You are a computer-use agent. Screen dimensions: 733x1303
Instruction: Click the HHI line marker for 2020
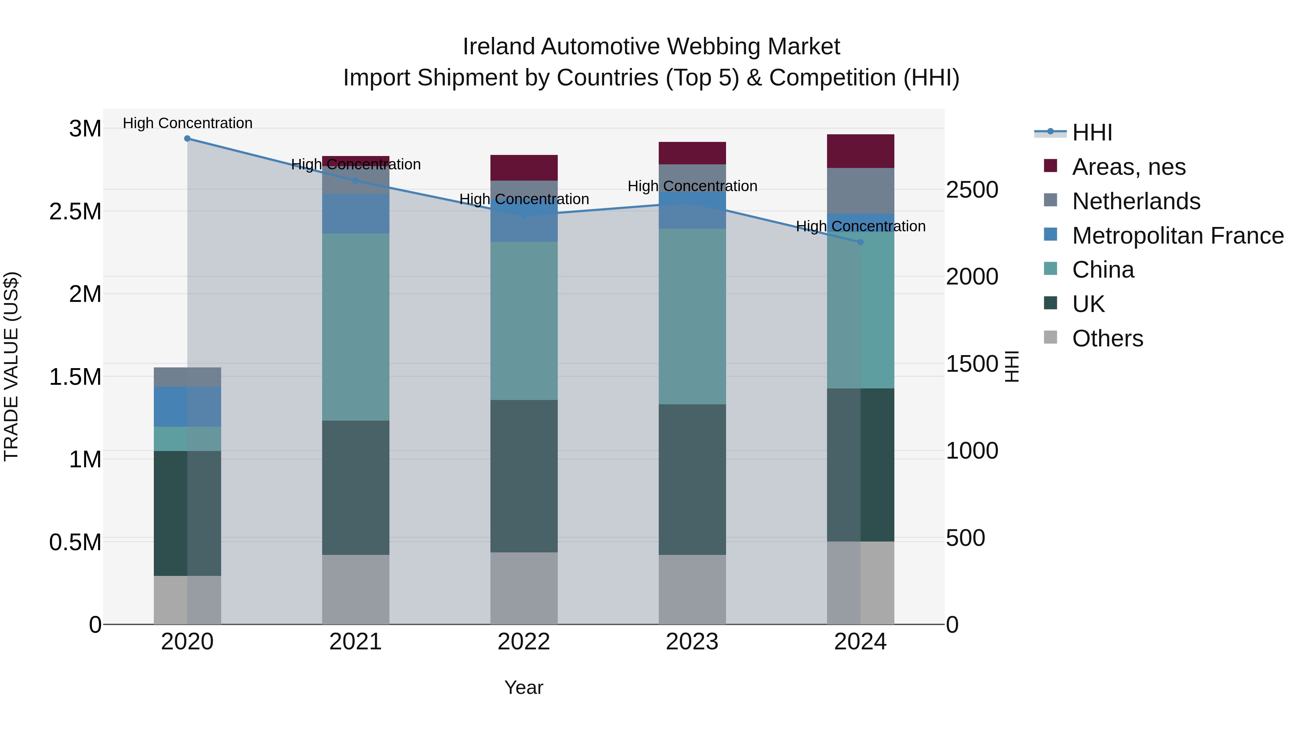point(187,138)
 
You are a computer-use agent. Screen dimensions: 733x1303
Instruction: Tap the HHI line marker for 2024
point(860,242)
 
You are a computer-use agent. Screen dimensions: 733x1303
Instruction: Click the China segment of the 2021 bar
point(355,327)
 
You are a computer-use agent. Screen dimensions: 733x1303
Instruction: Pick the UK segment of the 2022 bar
point(524,476)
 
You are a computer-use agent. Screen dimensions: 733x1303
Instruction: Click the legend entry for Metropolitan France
point(1177,236)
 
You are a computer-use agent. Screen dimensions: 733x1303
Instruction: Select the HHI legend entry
point(1092,132)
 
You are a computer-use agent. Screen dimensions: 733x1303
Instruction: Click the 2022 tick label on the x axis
point(524,642)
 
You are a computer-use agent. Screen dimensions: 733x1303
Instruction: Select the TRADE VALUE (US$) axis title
point(11,366)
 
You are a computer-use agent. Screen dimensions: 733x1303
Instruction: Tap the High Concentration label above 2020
point(187,123)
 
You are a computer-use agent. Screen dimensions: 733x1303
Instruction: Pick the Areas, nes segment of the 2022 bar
point(524,168)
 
